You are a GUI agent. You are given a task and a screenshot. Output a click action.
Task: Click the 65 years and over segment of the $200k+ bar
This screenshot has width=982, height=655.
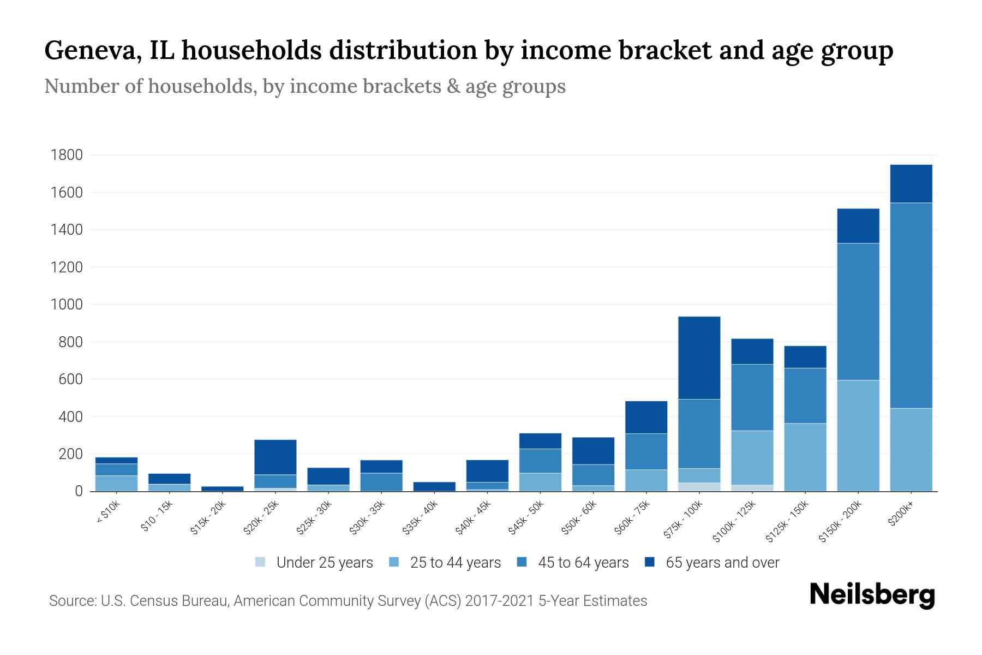tap(911, 183)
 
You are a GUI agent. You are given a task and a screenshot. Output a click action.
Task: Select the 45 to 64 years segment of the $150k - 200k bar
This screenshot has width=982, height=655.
tap(858, 311)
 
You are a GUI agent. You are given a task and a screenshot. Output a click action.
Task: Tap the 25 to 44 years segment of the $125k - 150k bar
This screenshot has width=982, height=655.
tap(805, 457)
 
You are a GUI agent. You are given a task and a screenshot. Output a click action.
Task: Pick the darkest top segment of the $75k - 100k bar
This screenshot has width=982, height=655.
tap(699, 358)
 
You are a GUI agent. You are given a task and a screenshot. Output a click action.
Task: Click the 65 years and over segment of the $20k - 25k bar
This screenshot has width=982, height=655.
tap(275, 457)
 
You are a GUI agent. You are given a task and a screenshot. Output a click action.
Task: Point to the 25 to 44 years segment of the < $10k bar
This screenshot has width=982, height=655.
tap(116, 483)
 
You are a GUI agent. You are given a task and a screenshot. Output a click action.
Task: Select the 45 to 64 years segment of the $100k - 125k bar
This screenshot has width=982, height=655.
tap(752, 397)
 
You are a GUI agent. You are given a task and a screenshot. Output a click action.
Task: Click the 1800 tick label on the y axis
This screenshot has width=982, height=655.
tap(67, 155)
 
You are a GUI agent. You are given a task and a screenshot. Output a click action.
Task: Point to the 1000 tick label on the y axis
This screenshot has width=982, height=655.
tap(67, 305)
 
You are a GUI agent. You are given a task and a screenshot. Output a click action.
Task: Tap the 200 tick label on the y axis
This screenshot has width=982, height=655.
tap(71, 454)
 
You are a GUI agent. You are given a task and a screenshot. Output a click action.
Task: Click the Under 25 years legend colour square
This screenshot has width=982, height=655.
tap(261, 562)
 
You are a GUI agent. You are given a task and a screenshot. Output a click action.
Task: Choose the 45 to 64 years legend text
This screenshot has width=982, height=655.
tap(583, 563)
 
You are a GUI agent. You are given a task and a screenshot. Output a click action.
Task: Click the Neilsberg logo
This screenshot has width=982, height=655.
tap(872, 595)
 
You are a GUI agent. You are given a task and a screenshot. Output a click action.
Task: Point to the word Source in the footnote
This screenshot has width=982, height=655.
tap(71, 601)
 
